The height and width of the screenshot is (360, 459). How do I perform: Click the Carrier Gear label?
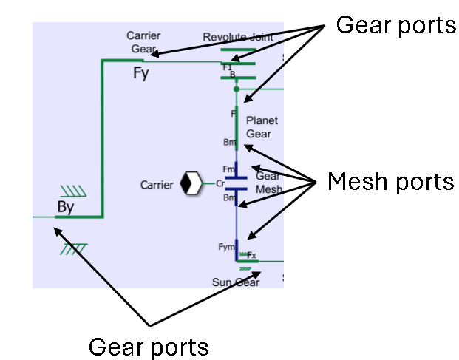pyautogui.click(x=143, y=41)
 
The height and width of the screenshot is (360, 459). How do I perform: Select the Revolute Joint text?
pyautogui.click(x=237, y=37)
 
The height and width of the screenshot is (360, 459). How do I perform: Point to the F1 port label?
pyautogui.click(x=227, y=67)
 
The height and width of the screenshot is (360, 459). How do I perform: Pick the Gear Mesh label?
pyautogui.click(x=269, y=183)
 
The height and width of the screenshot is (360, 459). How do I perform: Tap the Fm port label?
pyautogui.click(x=228, y=169)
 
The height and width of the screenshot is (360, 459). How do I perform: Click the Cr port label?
pyautogui.click(x=220, y=183)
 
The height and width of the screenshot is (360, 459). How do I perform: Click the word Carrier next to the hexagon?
pyautogui.click(x=157, y=184)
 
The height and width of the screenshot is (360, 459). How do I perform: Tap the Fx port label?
pyautogui.click(x=251, y=255)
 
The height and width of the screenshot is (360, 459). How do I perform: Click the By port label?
pyautogui.click(x=66, y=207)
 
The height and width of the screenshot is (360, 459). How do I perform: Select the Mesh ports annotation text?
pyautogui.click(x=390, y=180)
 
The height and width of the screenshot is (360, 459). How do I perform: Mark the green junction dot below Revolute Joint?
pyautogui.click(x=236, y=89)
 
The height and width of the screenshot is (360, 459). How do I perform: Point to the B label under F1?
pyautogui.click(x=232, y=75)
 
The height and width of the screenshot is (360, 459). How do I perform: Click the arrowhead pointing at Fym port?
pyautogui.click(x=249, y=237)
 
